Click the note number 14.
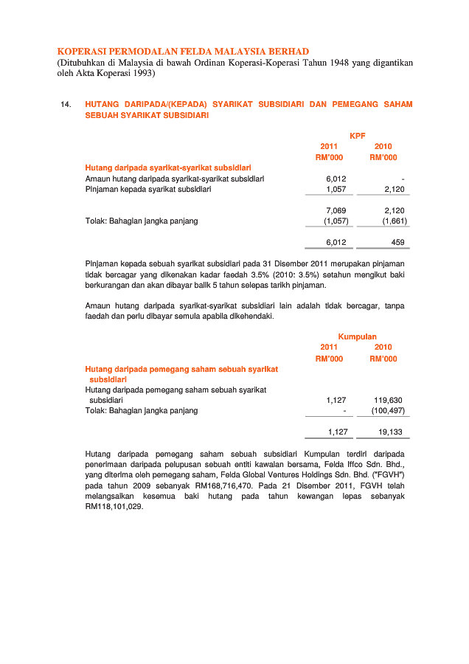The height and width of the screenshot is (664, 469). tap(65, 105)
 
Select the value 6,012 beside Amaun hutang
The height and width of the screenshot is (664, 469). tap(336, 179)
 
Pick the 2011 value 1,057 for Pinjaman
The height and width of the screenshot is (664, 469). tap(336, 189)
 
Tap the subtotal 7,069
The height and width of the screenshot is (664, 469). tap(336, 210)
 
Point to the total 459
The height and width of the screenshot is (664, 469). tap(397, 242)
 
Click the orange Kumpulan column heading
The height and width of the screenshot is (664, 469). tap(357, 336)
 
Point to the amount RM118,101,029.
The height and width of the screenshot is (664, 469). tap(114, 508)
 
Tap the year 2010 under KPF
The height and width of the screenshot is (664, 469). tap(383, 146)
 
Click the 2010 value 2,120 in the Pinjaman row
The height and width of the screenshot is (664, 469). tap(395, 189)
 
